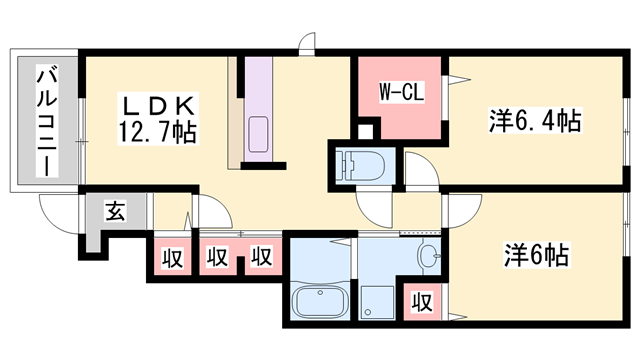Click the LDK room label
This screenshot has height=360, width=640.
tap(158, 106)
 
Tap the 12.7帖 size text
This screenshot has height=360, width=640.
tap(158, 131)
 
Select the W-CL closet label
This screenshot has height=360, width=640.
tap(402, 91)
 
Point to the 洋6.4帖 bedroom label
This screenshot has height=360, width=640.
tap(535, 120)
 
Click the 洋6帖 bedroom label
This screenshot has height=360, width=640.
tap(536, 254)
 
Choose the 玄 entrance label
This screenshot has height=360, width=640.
tap(116, 210)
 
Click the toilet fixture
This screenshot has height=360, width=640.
tap(360, 165)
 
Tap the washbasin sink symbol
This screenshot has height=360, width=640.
tap(429, 256)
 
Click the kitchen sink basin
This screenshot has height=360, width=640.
tap(258, 134)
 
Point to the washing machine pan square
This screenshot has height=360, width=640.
tap(376, 302)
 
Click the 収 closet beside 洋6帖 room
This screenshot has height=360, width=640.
tap(422, 302)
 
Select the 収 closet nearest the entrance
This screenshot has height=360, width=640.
tap(172, 258)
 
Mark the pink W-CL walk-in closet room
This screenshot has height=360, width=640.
tap(400, 98)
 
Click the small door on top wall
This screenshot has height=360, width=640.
tap(307, 44)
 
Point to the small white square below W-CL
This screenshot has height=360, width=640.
tap(365, 131)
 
